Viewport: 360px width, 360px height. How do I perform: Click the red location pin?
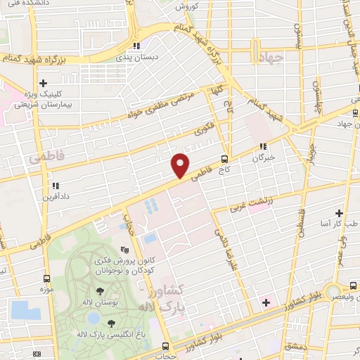click(x=180, y=166)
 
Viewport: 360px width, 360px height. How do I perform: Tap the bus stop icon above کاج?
click(x=224, y=158)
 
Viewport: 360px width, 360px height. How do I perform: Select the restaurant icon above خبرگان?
click(x=262, y=147)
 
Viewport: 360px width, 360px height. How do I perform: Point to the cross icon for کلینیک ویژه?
click(x=44, y=82)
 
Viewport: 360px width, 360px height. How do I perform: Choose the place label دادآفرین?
click(x=54, y=199)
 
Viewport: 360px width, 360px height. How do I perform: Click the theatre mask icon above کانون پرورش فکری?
click(x=125, y=250)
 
